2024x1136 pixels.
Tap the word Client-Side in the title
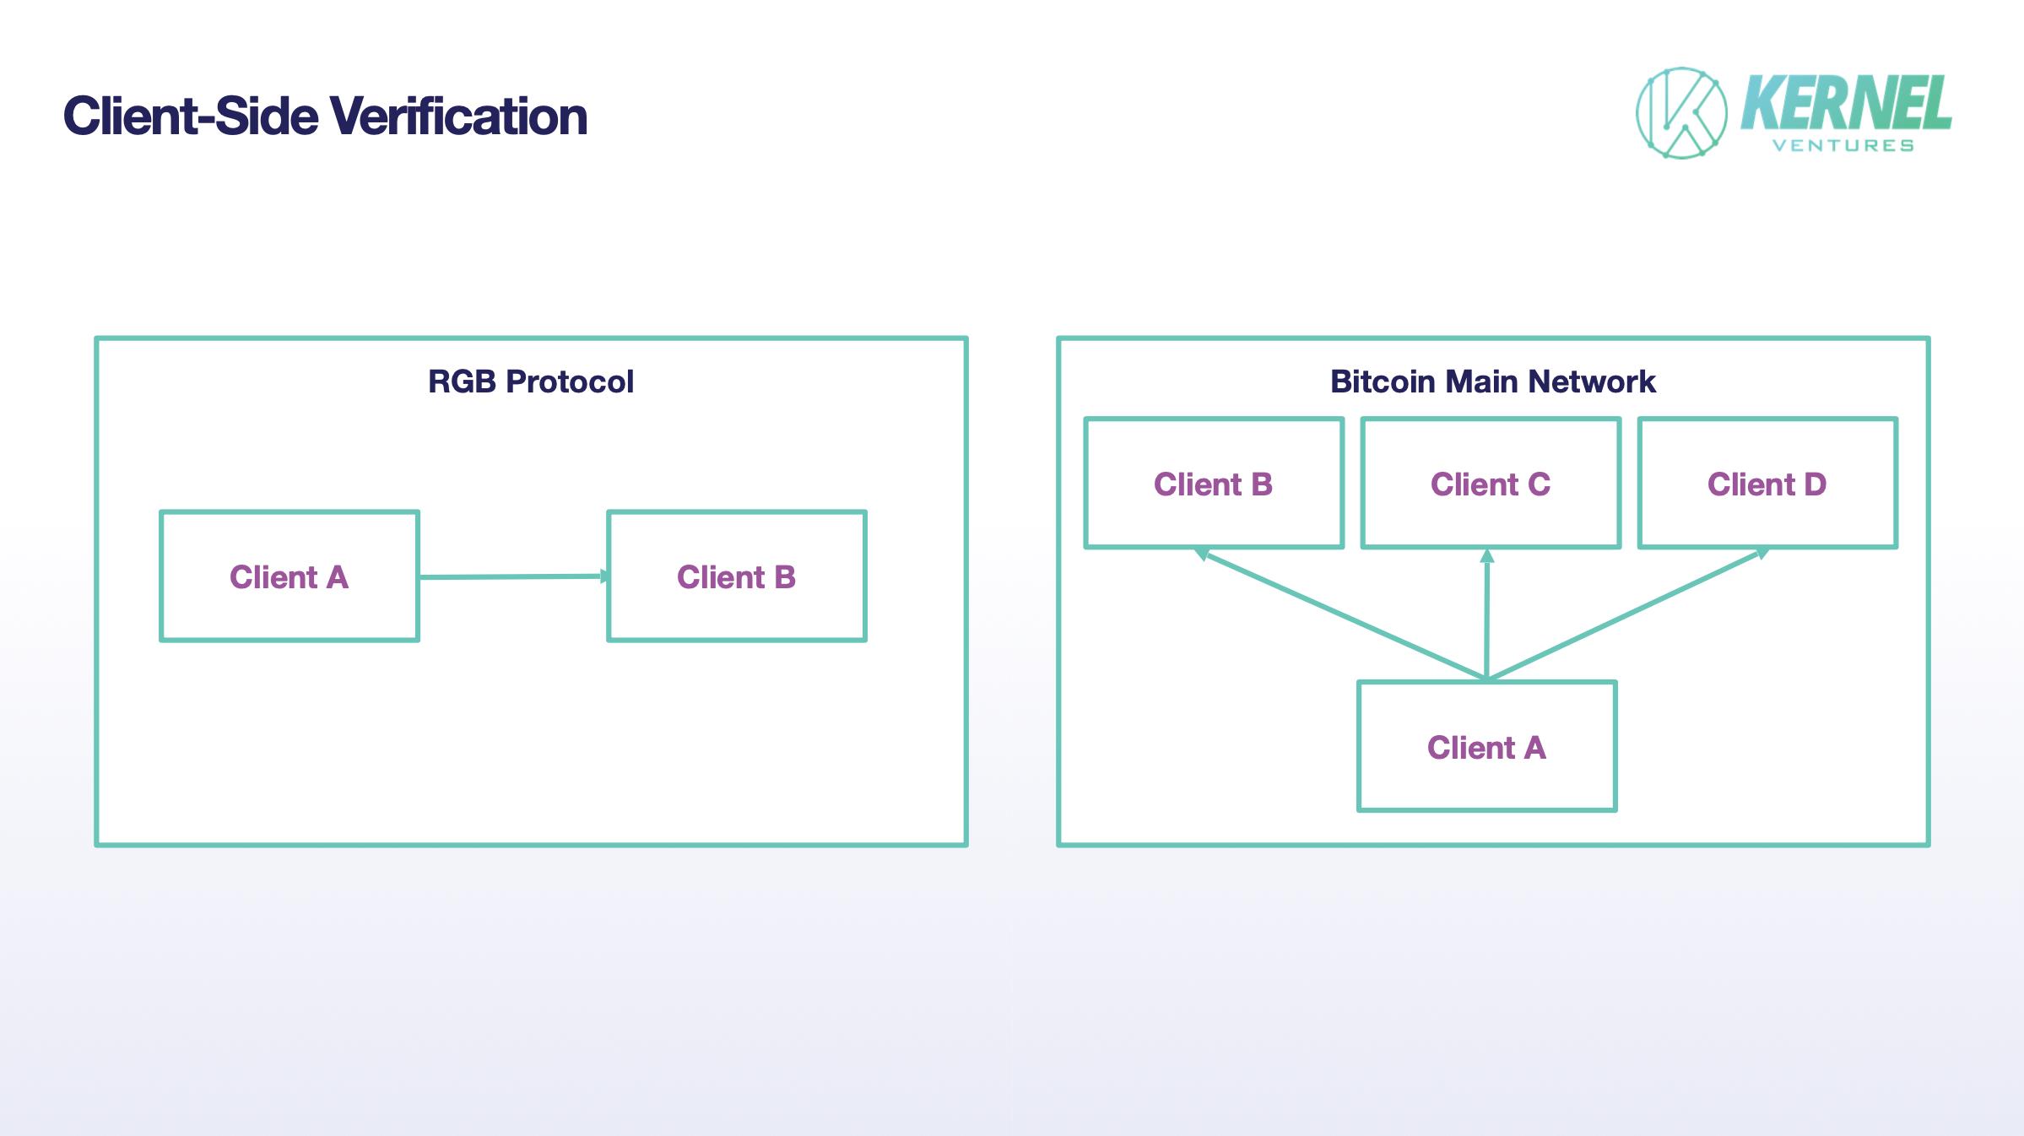tap(191, 116)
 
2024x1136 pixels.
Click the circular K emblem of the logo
tap(1681, 113)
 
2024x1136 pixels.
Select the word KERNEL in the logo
tap(1845, 103)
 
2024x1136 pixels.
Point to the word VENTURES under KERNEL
tap(1843, 146)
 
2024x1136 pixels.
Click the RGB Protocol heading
tap(530, 381)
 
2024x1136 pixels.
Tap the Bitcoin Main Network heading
tap(1492, 381)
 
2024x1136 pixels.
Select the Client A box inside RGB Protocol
tap(290, 576)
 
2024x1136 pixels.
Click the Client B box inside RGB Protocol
tap(736, 576)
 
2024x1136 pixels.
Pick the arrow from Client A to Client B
tap(511, 577)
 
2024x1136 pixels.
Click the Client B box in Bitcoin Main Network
tap(1214, 484)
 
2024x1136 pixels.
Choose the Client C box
tap(1491, 484)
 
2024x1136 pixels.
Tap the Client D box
tap(1767, 484)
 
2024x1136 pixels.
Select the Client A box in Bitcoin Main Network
tap(1486, 747)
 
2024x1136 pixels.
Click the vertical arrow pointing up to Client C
tap(1487, 616)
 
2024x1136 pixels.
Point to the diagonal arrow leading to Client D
tap(1625, 615)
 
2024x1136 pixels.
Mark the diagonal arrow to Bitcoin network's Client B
tap(1342, 615)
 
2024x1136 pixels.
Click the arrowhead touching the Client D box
tap(1762, 553)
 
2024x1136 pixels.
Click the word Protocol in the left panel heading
tap(570, 381)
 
